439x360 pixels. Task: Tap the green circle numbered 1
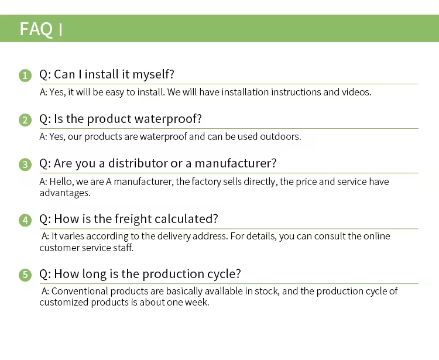[x=25, y=76]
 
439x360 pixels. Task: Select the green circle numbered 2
[x=25, y=120]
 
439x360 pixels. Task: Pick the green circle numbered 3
[x=25, y=164]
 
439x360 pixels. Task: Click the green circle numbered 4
[x=25, y=220]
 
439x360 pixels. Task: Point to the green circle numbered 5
[x=25, y=275]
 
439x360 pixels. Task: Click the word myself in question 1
[x=153, y=75]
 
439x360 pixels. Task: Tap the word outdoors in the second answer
[x=280, y=136]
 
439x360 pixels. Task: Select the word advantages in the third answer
[x=65, y=193]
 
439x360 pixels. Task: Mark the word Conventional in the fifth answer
[x=80, y=291]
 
